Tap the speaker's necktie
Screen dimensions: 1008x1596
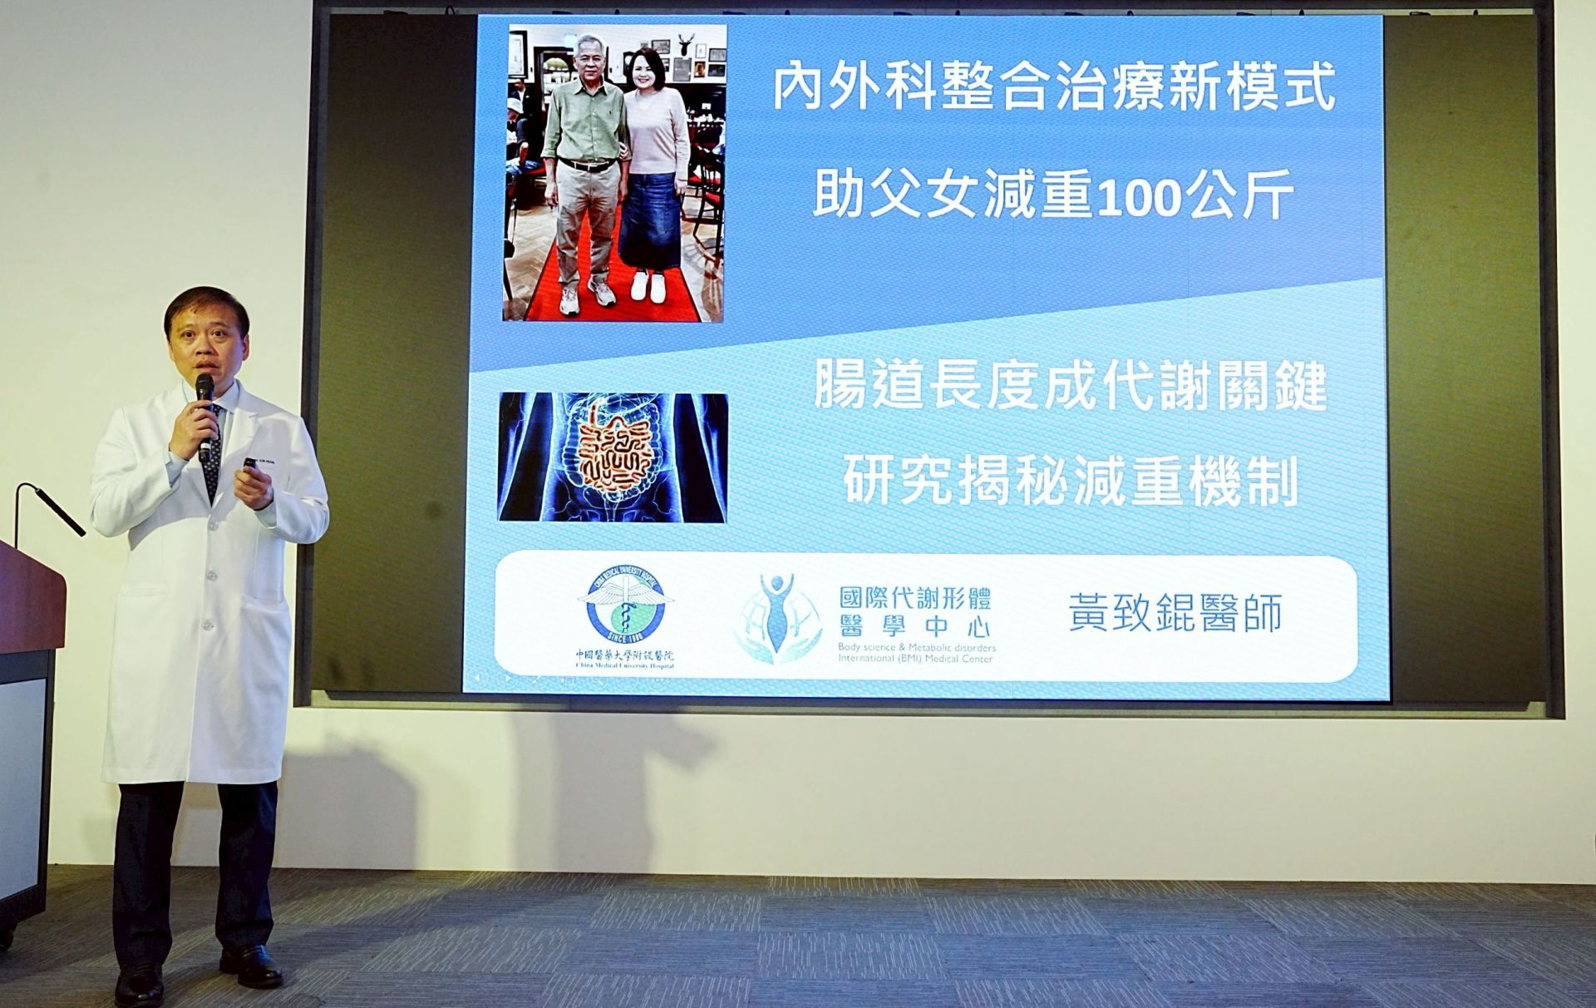(x=214, y=453)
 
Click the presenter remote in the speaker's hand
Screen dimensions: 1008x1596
(x=249, y=464)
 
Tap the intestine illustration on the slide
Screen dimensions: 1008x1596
(x=613, y=457)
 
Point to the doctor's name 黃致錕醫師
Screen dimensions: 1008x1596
(x=1175, y=614)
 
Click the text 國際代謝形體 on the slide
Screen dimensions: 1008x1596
(x=914, y=599)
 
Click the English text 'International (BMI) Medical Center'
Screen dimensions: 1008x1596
(x=915, y=660)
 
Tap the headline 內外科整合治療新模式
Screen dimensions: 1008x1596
(x=1053, y=86)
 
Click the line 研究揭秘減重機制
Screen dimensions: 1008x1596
(x=1070, y=482)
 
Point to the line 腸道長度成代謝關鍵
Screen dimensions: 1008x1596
(x=1070, y=388)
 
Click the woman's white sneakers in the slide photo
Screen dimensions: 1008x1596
(x=650, y=286)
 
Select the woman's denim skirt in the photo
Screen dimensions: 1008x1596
(x=653, y=216)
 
